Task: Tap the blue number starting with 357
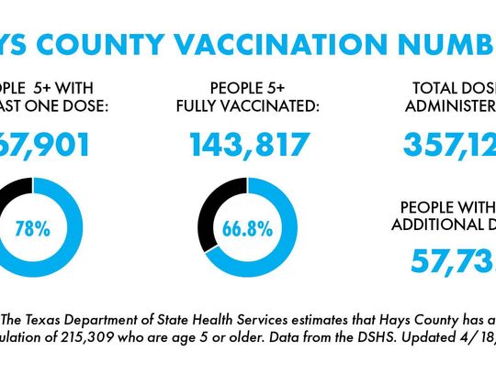tap(450, 145)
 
